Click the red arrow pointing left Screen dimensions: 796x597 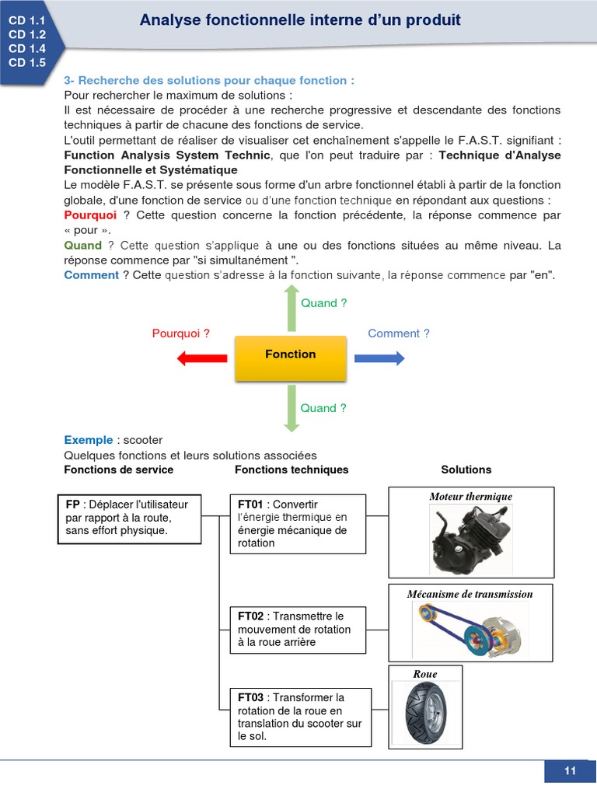point(202,358)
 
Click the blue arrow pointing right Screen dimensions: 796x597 point(379,358)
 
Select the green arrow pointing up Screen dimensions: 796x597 point(291,309)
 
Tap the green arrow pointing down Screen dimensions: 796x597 point(291,407)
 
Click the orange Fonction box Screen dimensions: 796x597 point(290,358)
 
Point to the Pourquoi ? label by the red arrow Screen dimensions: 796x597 point(181,333)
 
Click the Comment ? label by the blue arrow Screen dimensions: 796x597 point(399,333)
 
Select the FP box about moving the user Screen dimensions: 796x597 point(129,518)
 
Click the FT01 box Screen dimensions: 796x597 point(298,524)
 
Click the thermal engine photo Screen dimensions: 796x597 point(470,538)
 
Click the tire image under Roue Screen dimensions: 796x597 point(424,710)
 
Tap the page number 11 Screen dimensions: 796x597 point(570,770)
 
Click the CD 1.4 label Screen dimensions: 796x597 point(27,48)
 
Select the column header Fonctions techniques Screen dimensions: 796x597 point(292,470)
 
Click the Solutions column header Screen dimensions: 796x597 point(466,470)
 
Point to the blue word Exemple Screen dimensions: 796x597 point(89,440)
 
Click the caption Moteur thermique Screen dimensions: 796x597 point(471,497)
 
